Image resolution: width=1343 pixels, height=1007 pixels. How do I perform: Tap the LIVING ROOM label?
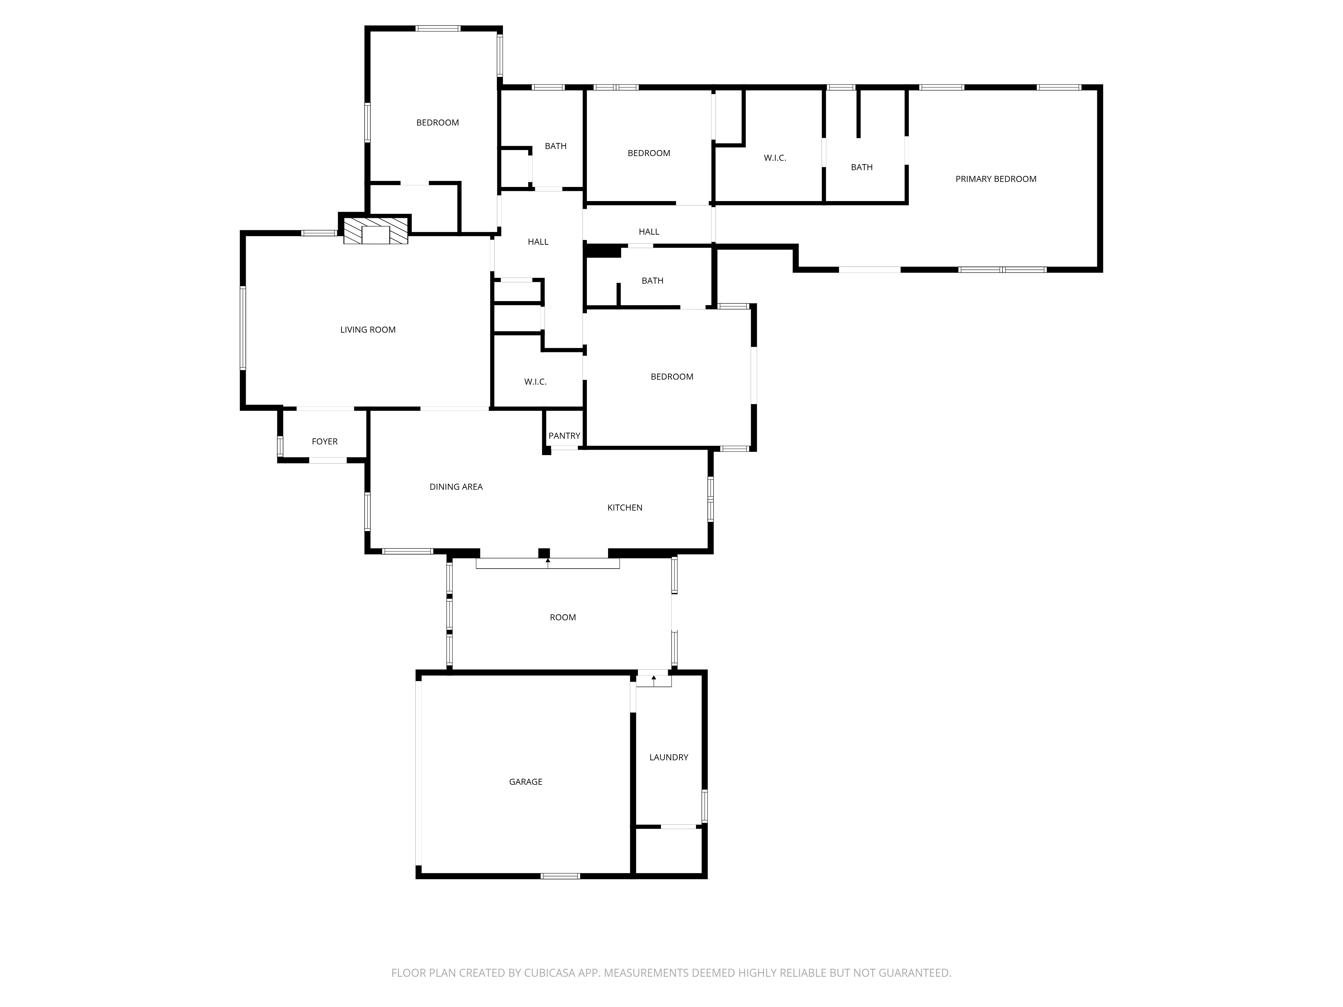368,330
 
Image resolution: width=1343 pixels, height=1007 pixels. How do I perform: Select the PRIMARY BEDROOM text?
996,179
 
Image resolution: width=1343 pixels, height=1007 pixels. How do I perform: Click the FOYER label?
325,441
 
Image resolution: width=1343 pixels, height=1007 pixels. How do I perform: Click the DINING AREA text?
456,487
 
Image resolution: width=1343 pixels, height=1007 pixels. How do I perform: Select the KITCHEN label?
625,508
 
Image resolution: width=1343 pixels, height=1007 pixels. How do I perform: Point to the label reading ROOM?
563,617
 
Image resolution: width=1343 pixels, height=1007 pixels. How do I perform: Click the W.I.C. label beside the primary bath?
775,158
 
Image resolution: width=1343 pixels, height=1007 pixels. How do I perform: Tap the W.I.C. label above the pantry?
536,382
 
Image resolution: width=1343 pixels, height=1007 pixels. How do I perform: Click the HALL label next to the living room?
538,242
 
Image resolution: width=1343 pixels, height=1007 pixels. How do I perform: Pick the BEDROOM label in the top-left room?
437,123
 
